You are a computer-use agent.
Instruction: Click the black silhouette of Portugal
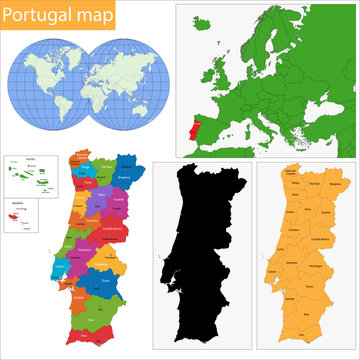coord(203,250)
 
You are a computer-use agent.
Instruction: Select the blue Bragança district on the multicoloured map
coord(126,172)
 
